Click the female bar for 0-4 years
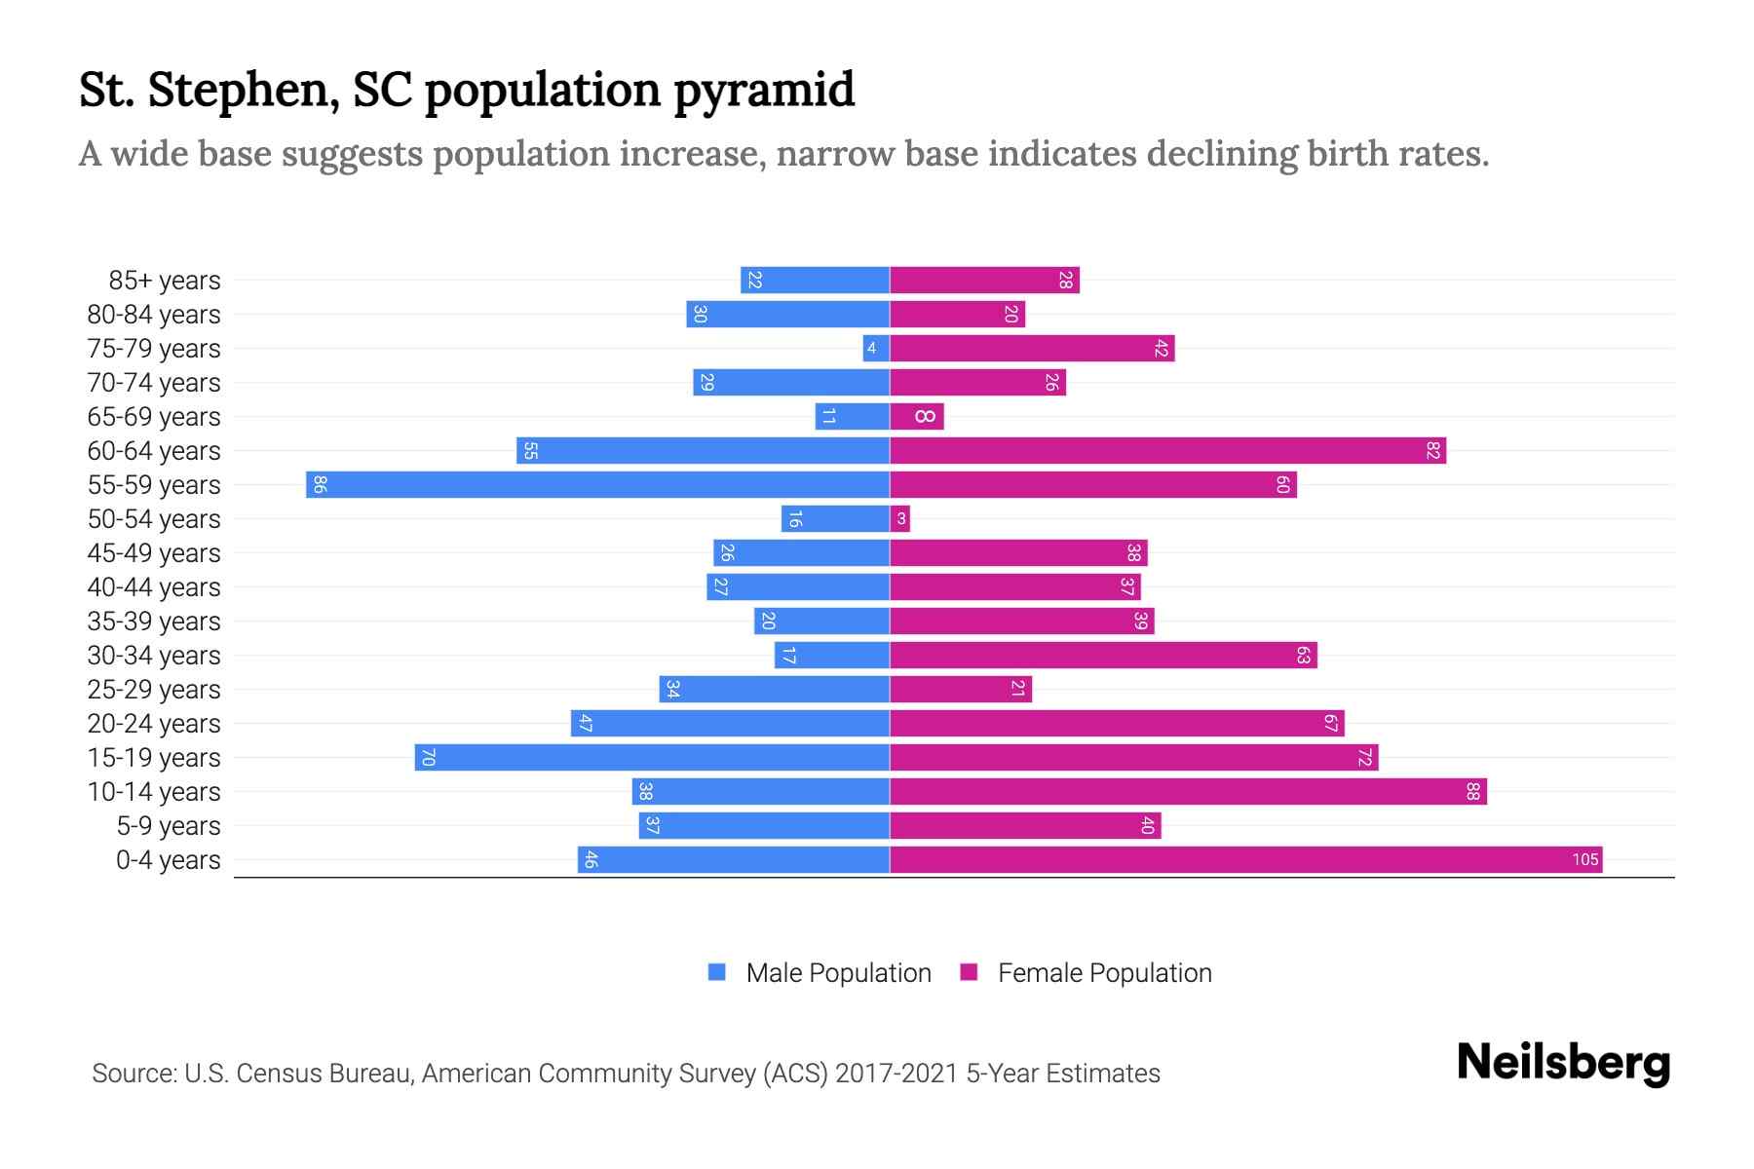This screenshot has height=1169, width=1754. [x=1245, y=859]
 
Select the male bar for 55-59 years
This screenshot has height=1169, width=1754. [x=597, y=484]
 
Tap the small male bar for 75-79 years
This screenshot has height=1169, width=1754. [x=876, y=348]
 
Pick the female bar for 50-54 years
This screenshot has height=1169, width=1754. [x=899, y=518]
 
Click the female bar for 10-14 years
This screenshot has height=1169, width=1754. [x=1188, y=791]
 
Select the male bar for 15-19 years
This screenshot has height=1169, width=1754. [x=652, y=757]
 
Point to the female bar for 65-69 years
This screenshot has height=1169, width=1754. [x=917, y=416]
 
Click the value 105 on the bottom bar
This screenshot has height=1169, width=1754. [x=1584, y=859]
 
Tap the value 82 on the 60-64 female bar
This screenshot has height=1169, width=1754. [x=1432, y=450]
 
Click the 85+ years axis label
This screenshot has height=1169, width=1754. [x=164, y=281]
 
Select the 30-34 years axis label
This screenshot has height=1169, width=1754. [x=154, y=656]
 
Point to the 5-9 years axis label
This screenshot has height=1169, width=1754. [x=168, y=826]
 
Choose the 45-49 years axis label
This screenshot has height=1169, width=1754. [x=154, y=553]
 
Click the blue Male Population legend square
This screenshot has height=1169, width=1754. [x=717, y=972]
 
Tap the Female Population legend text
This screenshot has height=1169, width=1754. [x=1104, y=972]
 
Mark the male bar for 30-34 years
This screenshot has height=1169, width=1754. [x=832, y=655]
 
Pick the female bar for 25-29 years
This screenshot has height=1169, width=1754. [x=960, y=689]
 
